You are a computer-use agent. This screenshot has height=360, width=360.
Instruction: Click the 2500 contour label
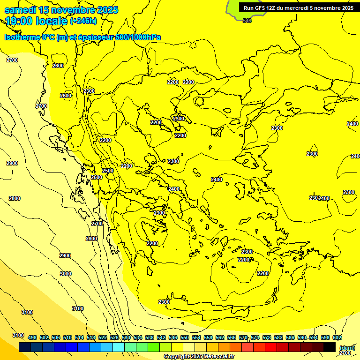coord(108,171)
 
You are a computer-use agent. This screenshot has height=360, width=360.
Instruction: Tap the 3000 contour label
coord(66,274)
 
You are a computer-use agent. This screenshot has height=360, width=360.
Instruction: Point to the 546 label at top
coord(247,21)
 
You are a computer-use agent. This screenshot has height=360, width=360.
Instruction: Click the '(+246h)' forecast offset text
coord(83,21)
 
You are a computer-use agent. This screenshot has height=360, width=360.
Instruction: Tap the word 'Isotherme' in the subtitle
coord(22,37)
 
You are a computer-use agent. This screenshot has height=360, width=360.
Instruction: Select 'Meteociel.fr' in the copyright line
coord(215,357)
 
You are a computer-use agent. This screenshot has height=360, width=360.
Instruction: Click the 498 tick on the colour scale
coord(32,337)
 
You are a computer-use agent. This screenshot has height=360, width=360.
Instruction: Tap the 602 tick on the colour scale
coord(337,337)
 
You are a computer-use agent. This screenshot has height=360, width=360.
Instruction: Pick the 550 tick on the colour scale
coord(185,337)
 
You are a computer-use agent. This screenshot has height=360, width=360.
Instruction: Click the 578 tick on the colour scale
coord(267,337)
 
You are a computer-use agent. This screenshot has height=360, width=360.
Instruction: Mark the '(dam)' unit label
coord(347,347)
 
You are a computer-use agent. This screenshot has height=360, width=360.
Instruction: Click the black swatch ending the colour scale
coord(330,347)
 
